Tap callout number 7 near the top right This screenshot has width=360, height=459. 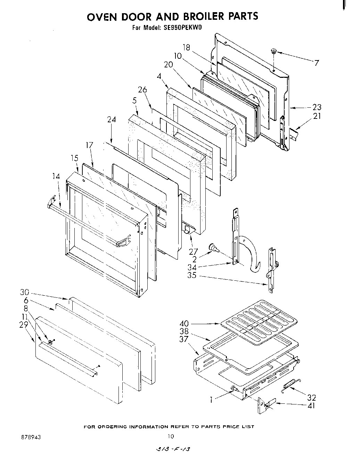[x=316, y=63]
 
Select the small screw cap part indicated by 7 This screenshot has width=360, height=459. [x=274, y=51]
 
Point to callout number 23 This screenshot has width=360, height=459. [x=317, y=107]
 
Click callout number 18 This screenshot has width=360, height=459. [x=187, y=47]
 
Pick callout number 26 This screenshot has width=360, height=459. [x=142, y=90]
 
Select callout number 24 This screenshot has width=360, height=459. [x=111, y=120]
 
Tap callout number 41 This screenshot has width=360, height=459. [x=311, y=405]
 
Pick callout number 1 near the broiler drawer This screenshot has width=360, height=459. [x=211, y=400]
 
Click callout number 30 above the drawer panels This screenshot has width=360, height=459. [x=25, y=292]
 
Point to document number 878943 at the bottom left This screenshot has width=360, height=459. [x=31, y=437]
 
